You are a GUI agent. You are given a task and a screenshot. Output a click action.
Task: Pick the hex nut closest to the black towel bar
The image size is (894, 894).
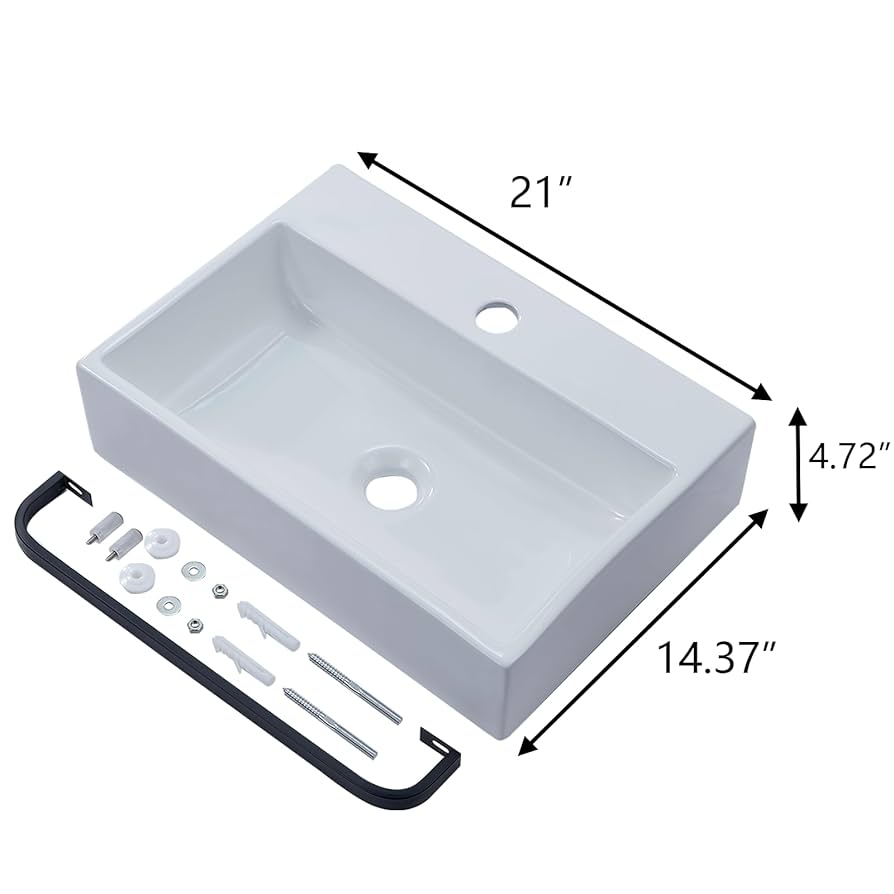pyautogui.click(x=196, y=624)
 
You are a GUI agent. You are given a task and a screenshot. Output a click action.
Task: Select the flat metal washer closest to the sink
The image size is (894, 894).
pyautogui.click(x=190, y=574)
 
